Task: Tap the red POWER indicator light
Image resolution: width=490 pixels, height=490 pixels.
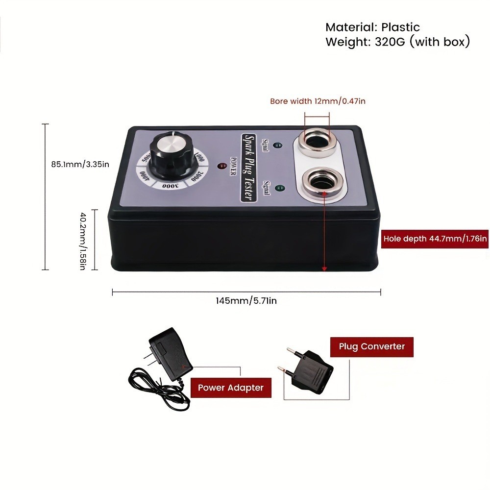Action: [x=221, y=165]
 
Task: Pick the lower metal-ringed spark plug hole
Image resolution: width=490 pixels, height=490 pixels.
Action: [x=317, y=181]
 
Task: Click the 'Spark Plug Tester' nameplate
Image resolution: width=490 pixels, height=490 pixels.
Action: [x=249, y=167]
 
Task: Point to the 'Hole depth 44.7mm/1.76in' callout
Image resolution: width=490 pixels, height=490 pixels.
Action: [x=435, y=239]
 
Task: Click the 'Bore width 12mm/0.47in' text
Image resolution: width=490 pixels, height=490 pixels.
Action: [x=318, y=101]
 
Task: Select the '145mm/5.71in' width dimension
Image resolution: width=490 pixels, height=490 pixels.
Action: [x=246, y=300]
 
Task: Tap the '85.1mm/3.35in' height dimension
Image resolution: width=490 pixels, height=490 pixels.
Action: [x=80, y=165]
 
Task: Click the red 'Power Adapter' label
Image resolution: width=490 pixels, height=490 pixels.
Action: [x=230, y=388]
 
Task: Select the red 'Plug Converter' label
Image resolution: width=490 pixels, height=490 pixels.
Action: [x=372, y=346]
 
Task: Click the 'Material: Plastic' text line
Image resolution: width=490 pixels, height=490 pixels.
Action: [x=372, y=27]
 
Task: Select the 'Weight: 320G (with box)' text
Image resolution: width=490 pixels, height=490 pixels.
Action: [x=397, y=42]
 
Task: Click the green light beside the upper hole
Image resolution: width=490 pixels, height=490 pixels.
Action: [x=278, y=146]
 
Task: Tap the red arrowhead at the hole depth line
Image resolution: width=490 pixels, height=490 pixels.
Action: [x=324, y=268]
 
